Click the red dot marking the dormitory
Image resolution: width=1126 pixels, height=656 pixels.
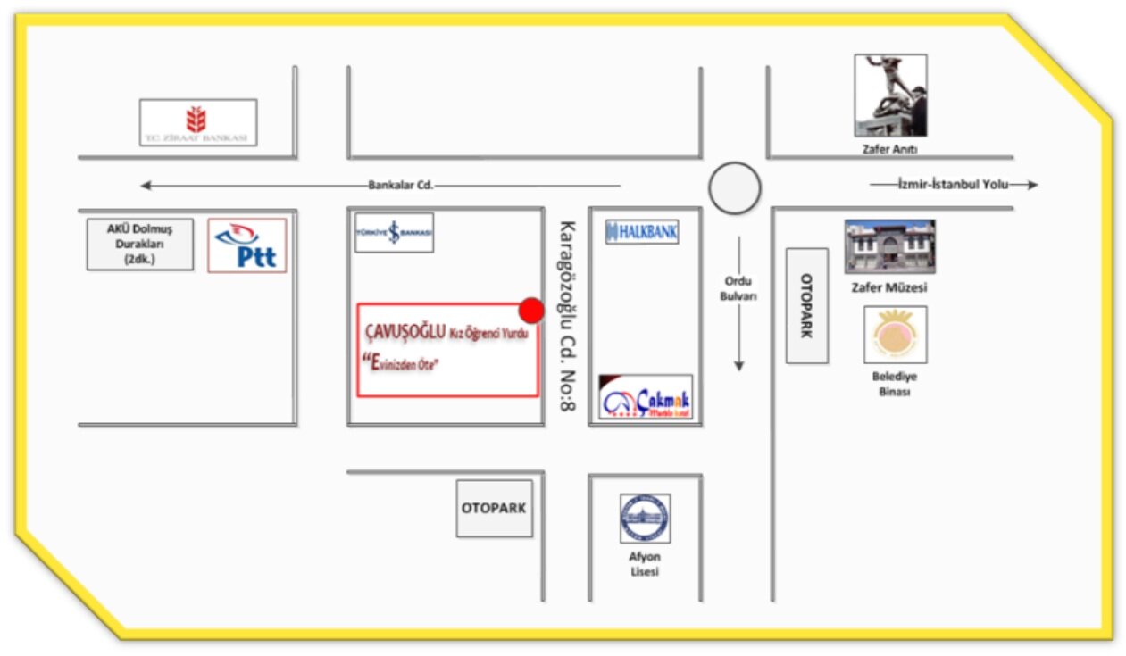[x=531, y=310]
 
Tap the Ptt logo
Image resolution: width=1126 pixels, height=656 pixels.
[x=247, y=245]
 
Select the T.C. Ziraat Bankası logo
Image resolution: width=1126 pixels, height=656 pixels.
[x=198, y=122]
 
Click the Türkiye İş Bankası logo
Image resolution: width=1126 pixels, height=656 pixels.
[x=394, y=233]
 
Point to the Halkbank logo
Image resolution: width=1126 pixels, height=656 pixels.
[x=641, y=232]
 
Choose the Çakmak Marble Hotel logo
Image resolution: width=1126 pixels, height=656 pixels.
[x=645, y=398]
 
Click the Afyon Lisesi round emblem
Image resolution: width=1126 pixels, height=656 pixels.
[x=645, y=519]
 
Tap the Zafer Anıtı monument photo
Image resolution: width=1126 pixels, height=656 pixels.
[x=890, y=95]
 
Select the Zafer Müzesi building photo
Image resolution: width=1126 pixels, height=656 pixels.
[x=889, y=246]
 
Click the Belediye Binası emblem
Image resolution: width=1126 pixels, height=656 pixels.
[x=895, y=335]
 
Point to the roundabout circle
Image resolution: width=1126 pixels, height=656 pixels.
[x=735, y=188]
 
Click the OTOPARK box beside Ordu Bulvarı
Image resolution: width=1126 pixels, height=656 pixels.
[x=806, y=305]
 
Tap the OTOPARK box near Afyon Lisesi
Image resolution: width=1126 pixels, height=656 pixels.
[x=494, y=509]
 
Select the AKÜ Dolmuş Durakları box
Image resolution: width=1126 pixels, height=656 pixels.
[x=139, y=245]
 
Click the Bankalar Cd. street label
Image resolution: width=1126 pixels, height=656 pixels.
[x=400, y=186]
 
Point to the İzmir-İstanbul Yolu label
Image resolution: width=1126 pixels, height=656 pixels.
[x=952, y=184]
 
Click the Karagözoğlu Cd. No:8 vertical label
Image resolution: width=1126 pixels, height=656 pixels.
[x=566, y=317]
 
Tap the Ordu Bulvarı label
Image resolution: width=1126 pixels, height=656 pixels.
[x=738, y=288]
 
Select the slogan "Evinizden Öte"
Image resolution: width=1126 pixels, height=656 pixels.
[x=404, y=361]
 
